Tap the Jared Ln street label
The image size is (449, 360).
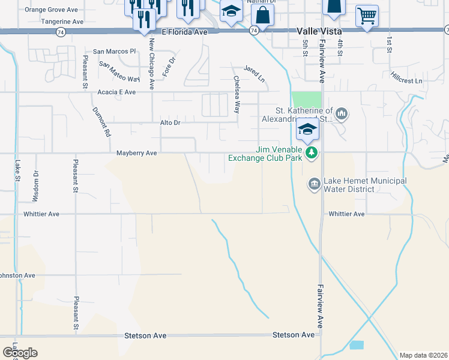[254, 73]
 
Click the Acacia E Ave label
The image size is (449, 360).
[117, 92]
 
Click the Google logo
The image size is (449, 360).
[20, 353]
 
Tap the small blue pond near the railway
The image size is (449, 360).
[356, 345]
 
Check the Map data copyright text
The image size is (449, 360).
[424, 355]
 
